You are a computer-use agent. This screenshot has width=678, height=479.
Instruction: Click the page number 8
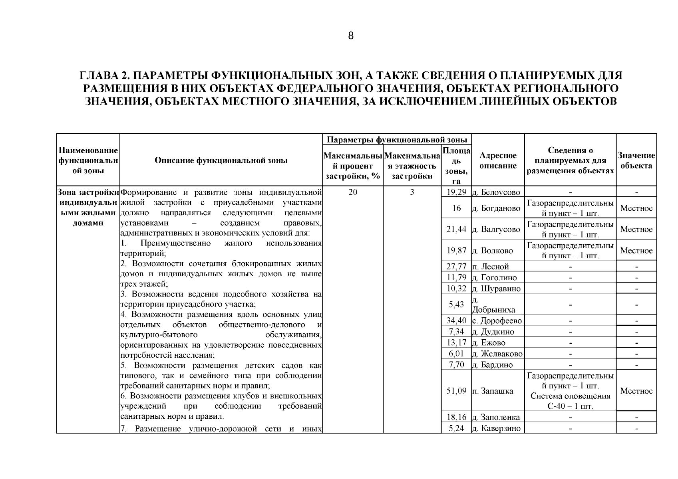tap(350, 36)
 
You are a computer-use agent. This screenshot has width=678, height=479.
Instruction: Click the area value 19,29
tap(457, 192)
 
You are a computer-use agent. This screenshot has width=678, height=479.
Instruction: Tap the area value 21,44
tap(457, 230)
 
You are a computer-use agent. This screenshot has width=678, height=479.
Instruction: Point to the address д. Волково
tap(497, 251)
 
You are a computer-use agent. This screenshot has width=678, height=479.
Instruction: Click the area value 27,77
tap(457, 267)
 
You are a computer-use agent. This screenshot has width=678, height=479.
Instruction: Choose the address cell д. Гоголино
tap(497, 277)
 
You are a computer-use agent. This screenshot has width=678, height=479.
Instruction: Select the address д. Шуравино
tap(497, 288)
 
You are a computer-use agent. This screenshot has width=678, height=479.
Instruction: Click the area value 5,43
tap(457, 305)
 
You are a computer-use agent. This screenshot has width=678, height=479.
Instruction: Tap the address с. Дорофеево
tap(497, 321)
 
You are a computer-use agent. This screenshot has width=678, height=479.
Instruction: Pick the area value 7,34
tap(457, 332)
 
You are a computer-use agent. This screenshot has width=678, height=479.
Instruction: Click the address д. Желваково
tap(497, 354)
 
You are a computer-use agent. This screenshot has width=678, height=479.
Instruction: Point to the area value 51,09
tap(457, 391)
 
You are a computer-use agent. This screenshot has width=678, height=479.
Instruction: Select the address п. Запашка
tap(497, 391)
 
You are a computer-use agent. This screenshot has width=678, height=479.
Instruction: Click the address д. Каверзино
tap(497, 428)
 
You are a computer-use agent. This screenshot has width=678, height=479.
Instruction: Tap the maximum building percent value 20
tap(352, 192)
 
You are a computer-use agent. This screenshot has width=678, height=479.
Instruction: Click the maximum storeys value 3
tap(412, 192)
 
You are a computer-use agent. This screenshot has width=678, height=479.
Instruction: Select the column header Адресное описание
tap(498, 160)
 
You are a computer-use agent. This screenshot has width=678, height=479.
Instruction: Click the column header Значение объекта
tap(636, 160)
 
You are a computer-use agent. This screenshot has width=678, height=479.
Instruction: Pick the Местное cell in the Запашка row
tap(636, 391)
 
